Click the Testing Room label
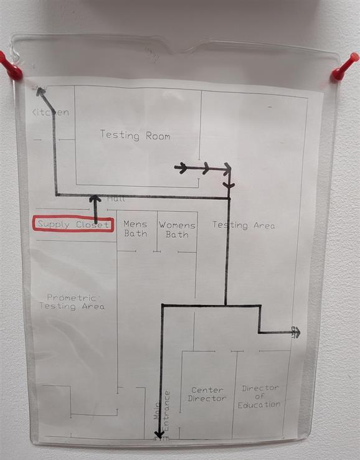pos(135,136)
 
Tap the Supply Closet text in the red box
pos(73,225)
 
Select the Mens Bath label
pos(135,229)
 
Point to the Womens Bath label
pos(177,230)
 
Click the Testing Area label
pos(244,225)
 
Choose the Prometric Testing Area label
pos(72,302)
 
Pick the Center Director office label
pos(207,394)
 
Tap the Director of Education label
pos(258,397)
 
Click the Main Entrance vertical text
pos(162,411)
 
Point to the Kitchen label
pos(50,112)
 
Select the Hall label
pos(116,199)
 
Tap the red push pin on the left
pos(11,67)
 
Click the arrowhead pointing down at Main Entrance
pos(159,434)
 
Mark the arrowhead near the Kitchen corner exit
pos(40,92)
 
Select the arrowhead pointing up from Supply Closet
pos(95,199)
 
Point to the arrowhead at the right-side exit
pos(296,332)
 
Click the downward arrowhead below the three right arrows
pos(229,185)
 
